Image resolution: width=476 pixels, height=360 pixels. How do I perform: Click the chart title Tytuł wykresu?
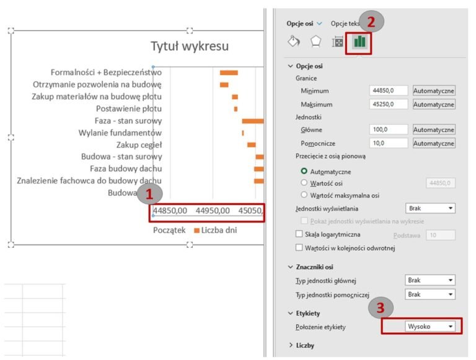coord(190,46)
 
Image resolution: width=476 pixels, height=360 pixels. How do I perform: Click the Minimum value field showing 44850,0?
coord(389,90)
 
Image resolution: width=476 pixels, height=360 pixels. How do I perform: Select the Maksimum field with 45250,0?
coord(389,104)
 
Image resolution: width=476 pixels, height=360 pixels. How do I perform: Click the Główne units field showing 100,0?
coord(389,130)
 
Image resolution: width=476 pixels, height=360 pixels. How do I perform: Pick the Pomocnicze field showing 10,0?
coord(389,143)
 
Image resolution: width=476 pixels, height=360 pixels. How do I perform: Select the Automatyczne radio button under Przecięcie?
coord(304,171)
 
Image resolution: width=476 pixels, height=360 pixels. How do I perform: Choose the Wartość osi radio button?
coord(304,183)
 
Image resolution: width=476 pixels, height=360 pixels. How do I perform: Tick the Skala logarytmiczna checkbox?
coord(300,235)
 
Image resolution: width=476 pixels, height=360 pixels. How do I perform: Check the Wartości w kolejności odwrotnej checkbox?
coord(300,248)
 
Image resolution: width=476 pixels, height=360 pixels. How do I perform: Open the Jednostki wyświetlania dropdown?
coord(430,208)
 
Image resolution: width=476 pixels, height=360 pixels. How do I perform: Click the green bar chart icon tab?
coord(359,42)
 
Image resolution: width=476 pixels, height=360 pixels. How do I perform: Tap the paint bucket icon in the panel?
coord(294,42)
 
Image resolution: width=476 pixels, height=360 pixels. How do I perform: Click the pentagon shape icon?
coord(316,42)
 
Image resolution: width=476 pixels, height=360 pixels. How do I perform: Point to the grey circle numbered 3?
coord(381,308)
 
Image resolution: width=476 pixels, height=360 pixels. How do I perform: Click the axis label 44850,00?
coord(170,211)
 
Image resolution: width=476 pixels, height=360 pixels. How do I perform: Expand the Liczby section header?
coord(305,345)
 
